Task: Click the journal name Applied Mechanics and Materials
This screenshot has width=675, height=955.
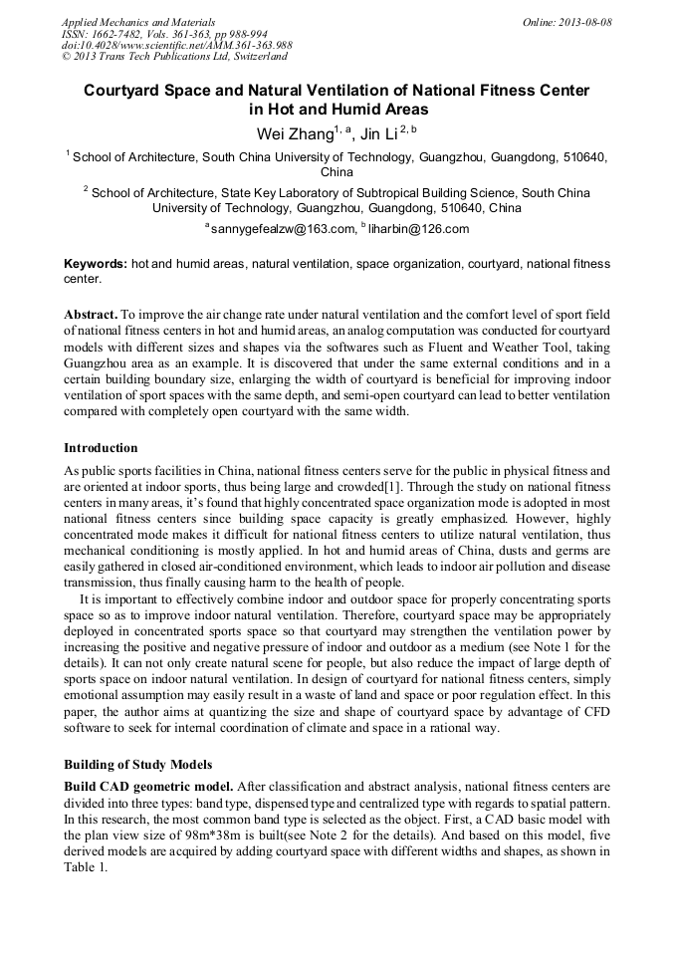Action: (138, 22)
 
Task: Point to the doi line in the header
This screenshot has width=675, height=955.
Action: (176, 46)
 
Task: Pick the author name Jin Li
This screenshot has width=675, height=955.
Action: (378, 133)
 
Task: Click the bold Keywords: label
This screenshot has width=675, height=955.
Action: (96, 264)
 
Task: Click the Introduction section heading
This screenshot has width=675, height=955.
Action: (101, 448)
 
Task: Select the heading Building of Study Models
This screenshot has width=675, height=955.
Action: (137, 765)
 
